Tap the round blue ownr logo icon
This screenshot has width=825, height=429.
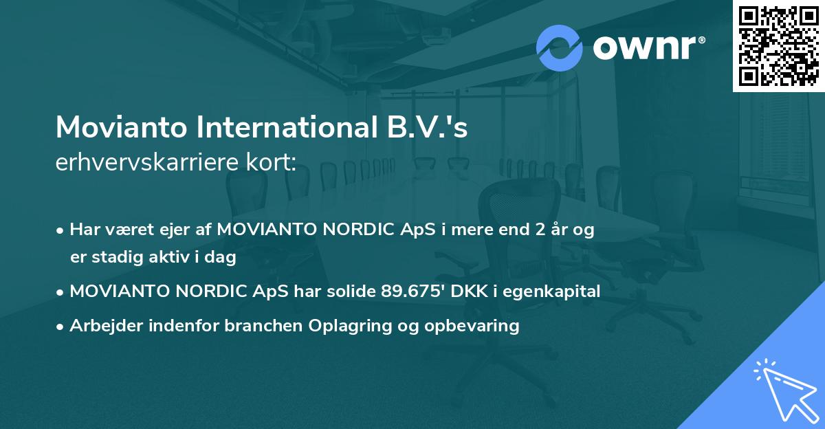(x=560, y=47)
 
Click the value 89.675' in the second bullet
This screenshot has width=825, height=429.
(x=408, y=291)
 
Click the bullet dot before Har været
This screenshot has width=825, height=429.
(x=60, y=231)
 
